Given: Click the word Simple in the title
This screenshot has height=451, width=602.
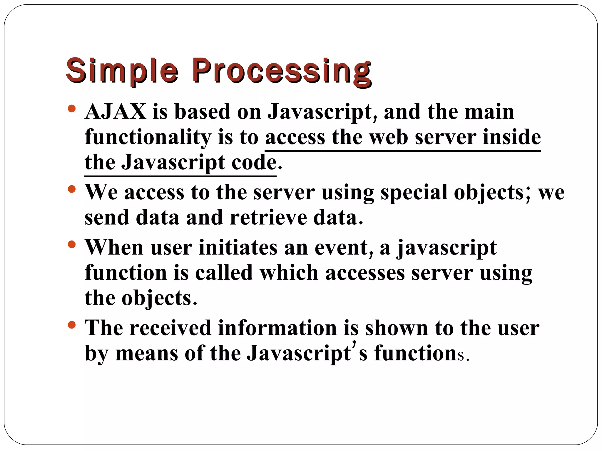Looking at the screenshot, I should [122, 71].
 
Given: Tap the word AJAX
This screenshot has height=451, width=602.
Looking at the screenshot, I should [115, 112].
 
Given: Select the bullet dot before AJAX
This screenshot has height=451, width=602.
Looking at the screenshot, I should [71, 109].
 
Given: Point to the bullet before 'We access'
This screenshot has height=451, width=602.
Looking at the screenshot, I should [71, 189].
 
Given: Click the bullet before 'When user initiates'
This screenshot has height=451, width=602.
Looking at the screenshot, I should [71, 244].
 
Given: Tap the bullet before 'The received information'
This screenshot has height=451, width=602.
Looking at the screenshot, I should [71, 324].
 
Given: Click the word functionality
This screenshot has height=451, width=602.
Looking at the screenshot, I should [148, 137].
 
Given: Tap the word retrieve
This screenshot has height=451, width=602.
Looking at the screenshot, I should [268, 218].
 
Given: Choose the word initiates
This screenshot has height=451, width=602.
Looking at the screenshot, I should [238, 248].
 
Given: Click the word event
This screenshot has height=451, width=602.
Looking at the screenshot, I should [341, 248].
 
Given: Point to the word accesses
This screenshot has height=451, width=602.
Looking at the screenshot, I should [365, 273].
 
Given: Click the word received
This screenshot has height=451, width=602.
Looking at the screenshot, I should [170, 328].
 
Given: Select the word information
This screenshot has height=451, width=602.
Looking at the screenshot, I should [277, 328].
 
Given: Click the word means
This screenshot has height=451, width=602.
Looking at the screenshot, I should [147, 353].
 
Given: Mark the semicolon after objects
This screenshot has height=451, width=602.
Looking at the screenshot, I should [528, 194].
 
